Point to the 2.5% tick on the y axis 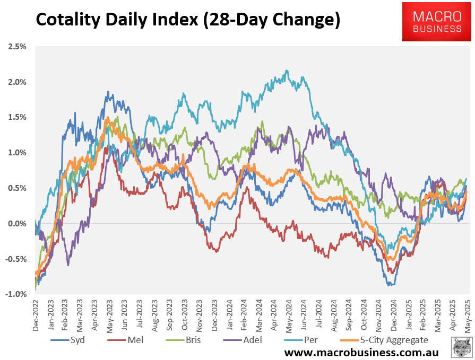click(17, 47)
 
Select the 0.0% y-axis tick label click(17, 224)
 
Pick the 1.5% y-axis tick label click(17, 117)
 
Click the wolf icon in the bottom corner click(461, 347)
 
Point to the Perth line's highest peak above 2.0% click(287, 71)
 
